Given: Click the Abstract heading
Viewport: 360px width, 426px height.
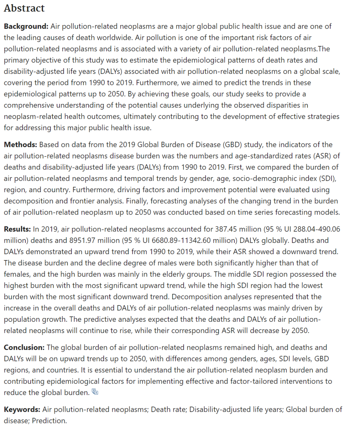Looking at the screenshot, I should tap(24, 8).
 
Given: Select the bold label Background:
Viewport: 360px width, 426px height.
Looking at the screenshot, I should tap(26, 26).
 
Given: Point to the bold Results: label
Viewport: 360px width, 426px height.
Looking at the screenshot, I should tap(17, 229).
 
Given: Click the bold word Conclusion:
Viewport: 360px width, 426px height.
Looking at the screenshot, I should tap(24, 347).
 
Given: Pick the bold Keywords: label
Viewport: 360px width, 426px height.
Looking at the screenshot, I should tap(22, 409).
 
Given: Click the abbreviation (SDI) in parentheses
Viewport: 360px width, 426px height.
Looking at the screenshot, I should tap(328, 179).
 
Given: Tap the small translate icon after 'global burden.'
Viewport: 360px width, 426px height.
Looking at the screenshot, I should tap(95, 392).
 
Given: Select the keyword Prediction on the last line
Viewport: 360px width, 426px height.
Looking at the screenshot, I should tap(49, 421).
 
